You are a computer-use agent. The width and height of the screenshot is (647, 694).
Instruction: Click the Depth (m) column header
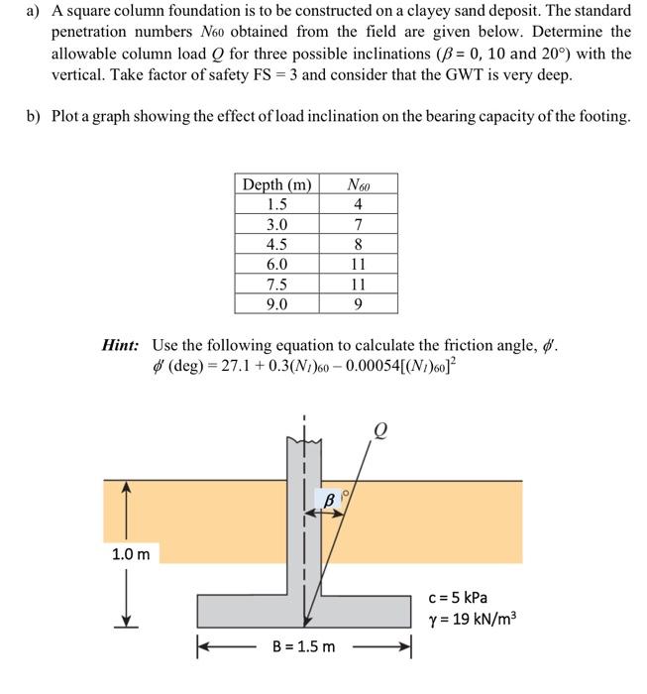277,184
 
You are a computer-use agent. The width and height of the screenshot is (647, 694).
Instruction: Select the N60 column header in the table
359,184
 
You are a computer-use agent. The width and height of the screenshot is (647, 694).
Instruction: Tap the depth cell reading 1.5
277,204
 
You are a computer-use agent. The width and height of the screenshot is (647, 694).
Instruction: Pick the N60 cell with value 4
359,204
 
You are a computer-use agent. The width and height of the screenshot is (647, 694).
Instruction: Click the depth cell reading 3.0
277,224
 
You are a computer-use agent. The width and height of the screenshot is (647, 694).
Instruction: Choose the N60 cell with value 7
359,224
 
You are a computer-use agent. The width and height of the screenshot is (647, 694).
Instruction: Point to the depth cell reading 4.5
277,244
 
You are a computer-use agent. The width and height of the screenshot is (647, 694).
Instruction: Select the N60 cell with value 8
359,244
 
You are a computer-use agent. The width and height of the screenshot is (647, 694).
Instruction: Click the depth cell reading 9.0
277,304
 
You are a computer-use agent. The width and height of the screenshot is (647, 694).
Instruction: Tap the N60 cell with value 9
359,304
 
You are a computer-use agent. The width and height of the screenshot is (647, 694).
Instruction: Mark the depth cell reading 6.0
277,265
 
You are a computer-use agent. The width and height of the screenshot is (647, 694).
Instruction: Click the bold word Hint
121,345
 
